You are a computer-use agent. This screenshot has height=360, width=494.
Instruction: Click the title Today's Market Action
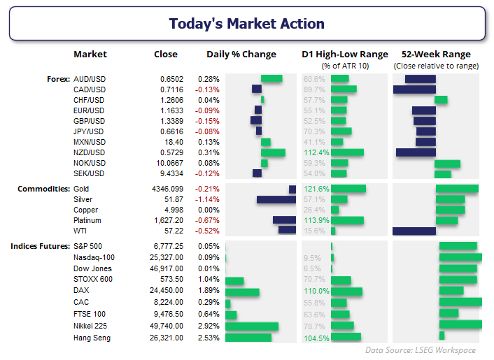click(247, 24)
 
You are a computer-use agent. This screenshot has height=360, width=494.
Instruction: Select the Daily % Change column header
click(241, 55)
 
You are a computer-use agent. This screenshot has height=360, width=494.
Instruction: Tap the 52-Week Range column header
click(436, 55)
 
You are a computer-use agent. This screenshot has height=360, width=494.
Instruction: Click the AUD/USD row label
click(90, 79)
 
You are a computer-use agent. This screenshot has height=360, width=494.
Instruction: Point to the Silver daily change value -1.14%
click(208, 199)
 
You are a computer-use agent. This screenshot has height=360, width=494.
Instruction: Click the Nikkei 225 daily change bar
click(252, 326)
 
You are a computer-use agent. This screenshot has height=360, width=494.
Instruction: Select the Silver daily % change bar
click(276, 199)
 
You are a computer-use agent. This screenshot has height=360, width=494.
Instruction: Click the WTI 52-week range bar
click(414, 230)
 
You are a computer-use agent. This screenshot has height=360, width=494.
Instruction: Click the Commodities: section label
click(43, 189)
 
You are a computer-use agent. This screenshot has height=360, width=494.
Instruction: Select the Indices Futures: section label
click(40, 247)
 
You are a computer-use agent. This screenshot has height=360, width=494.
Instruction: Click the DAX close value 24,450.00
click(168, 290)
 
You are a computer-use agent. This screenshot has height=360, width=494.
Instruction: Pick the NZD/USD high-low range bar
click(347, 152)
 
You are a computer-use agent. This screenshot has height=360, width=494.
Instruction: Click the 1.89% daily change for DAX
click(209, 290)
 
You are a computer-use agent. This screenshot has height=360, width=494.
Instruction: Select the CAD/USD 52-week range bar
click(414, 89)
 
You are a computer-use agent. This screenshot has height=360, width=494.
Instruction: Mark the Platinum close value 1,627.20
click(168, 220)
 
